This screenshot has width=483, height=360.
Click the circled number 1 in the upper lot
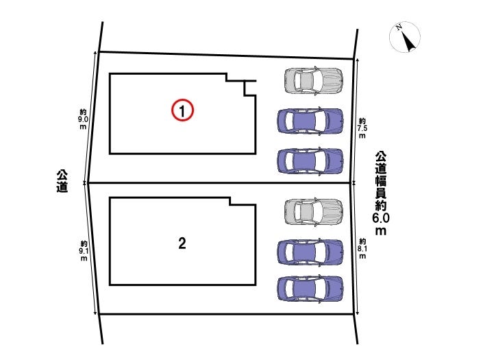click(183, 110)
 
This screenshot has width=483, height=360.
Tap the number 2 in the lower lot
click(182, 243)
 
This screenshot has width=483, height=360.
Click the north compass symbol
click(406, 38)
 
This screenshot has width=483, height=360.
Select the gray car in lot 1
click(313, 80)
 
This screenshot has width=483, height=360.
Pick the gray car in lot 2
click(313, 211)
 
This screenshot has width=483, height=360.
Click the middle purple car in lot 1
click(310, 121)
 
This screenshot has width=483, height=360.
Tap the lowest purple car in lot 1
click(310, 160)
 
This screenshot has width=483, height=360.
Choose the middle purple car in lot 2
click(310, 252)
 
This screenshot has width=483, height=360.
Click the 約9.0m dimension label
click(83, 119)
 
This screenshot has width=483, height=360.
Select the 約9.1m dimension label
click(83, 251)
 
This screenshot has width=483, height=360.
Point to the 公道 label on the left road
click(62, 182)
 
